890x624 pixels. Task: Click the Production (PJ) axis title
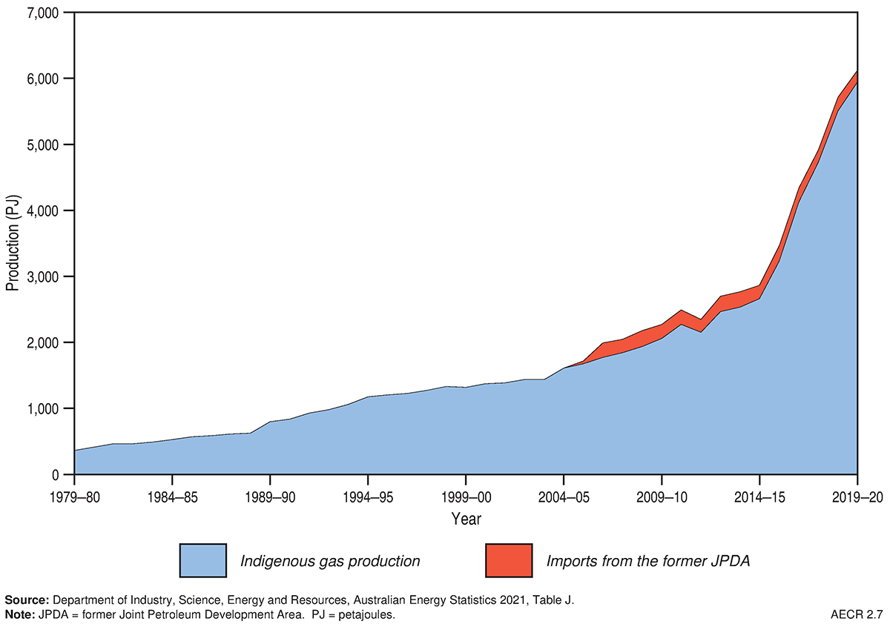click(13, 244)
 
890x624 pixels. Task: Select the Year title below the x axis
click(466, 520)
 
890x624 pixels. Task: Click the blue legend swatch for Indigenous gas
click(202, 560)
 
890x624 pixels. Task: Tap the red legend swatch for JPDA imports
click(509, 560)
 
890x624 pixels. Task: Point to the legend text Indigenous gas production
click(330, 561)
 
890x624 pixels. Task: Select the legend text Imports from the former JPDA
click(648, 561)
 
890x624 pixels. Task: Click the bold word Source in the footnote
click(26, 600)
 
